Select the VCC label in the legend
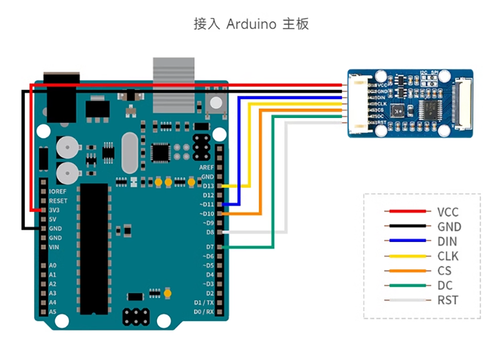point(448,212)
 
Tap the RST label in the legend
point(448,300)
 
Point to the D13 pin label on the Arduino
point(208,186)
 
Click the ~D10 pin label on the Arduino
point(206,214)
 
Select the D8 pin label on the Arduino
point(210,232)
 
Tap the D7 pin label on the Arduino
point(210,247)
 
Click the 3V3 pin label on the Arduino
point(55,210)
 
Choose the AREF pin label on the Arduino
point(206,167)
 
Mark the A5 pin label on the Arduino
point(53,311)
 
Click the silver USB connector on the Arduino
point(173,84)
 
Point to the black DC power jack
point(59,98)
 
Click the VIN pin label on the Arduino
point(55,247)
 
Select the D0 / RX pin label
point(203,311)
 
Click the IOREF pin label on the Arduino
point(58,191)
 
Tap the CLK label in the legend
point(448,257)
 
